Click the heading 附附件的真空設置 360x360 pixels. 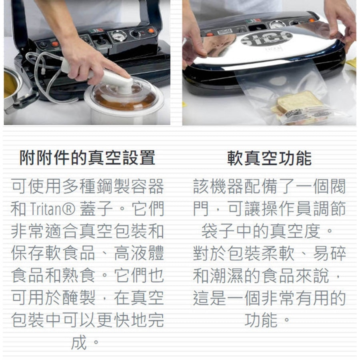87,158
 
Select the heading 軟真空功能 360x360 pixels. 269,158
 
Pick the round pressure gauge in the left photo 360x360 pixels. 118,36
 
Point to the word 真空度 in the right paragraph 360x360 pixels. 295,231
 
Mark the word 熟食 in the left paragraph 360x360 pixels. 78,275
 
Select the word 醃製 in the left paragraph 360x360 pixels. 78,298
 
